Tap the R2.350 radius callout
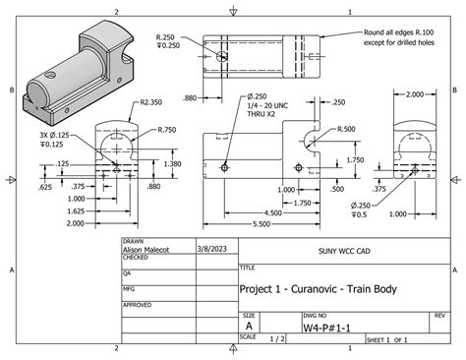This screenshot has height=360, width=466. [150, 101]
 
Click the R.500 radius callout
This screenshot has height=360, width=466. [345, 129]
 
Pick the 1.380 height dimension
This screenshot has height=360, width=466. [172, 164]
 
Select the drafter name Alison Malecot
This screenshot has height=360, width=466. [145, 250]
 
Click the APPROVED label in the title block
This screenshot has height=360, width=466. [138, 305]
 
